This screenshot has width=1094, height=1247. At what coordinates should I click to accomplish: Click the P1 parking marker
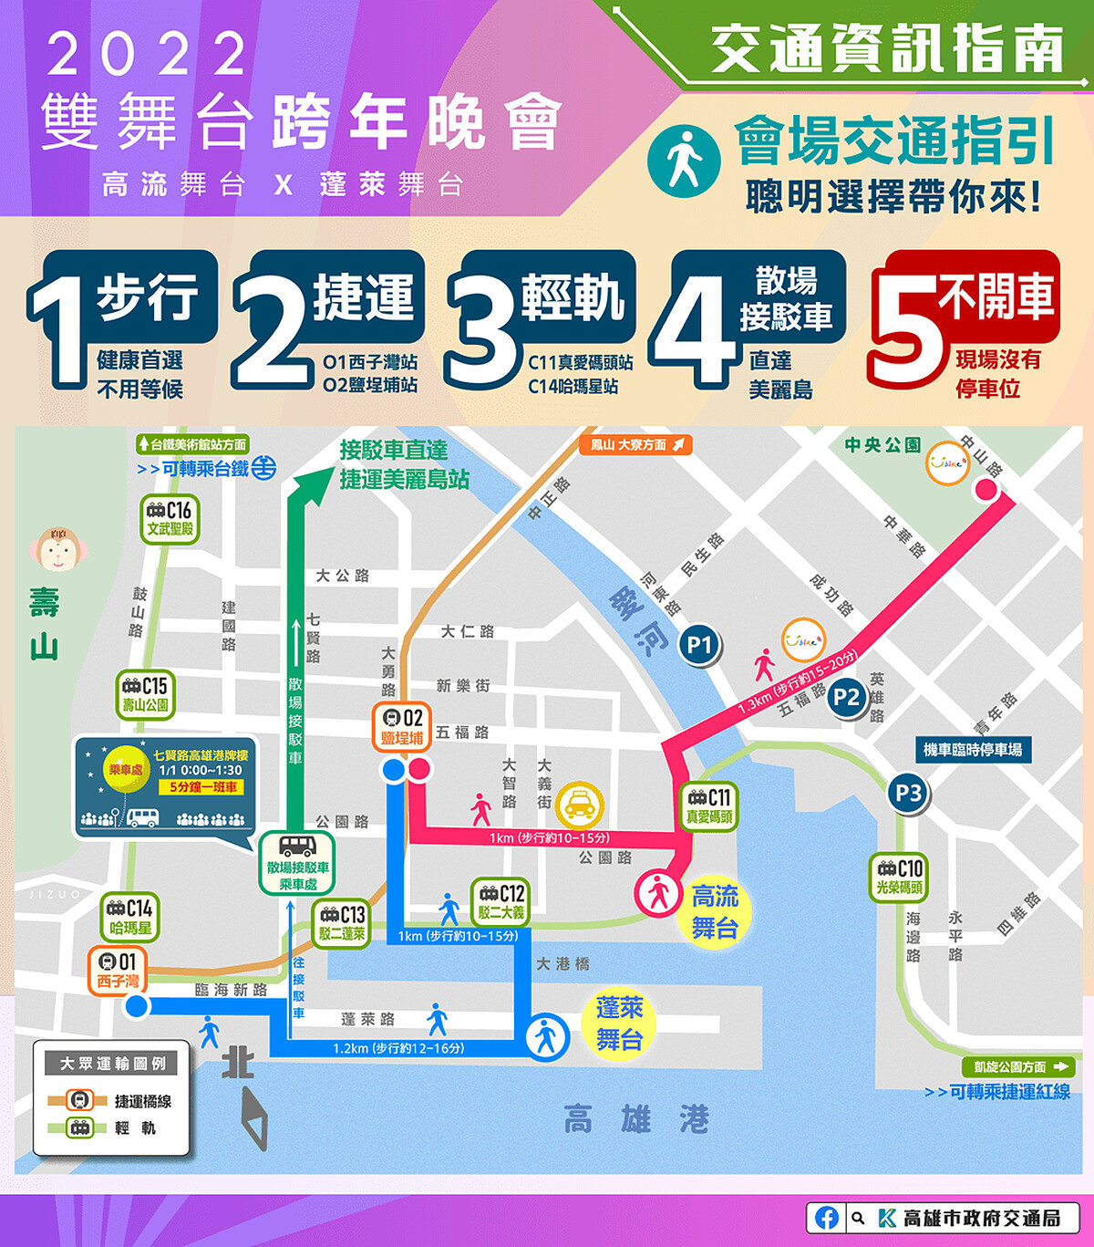pyautogui.click(x=699, y=645)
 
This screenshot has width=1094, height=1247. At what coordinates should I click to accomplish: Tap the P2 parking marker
pyautogui.click(x=846, y=698)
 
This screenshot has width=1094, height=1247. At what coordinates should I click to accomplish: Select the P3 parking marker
pyautogui.click(x=908, y=794)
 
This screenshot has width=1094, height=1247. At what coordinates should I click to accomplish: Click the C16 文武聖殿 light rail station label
pyautogui.click(x=170, y=518)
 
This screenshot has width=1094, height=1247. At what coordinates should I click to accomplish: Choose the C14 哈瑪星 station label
pyautogui.click(x=129, y=917)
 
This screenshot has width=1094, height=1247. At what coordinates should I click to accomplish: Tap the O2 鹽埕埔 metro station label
pyautogui.click(x=402, y=727)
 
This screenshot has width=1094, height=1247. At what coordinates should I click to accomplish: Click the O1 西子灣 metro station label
pyautogui.click(x=118, y=971)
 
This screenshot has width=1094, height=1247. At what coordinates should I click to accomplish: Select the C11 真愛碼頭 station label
pyautogui.click(x=708, y=806)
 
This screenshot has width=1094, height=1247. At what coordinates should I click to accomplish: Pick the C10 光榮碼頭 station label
pyautogui.click(x=899, y=877)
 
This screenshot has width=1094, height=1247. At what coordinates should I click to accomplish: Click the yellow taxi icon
pyautogui.click(x=580, y=805)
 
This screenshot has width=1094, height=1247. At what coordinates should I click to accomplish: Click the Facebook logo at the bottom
pyautogui.click(x=827, y=1218)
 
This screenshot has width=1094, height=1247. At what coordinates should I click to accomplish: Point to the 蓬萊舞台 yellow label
pyautogui.click(x=620, y=1024)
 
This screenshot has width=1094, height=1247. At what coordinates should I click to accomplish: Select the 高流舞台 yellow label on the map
pyautogui.click(x=714, y=911)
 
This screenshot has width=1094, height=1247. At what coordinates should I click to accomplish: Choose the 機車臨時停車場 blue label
pyautogui.click(x=972, y=750)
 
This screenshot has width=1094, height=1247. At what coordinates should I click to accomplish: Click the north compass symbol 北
pyautogui.click(x=238, y=1064)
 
